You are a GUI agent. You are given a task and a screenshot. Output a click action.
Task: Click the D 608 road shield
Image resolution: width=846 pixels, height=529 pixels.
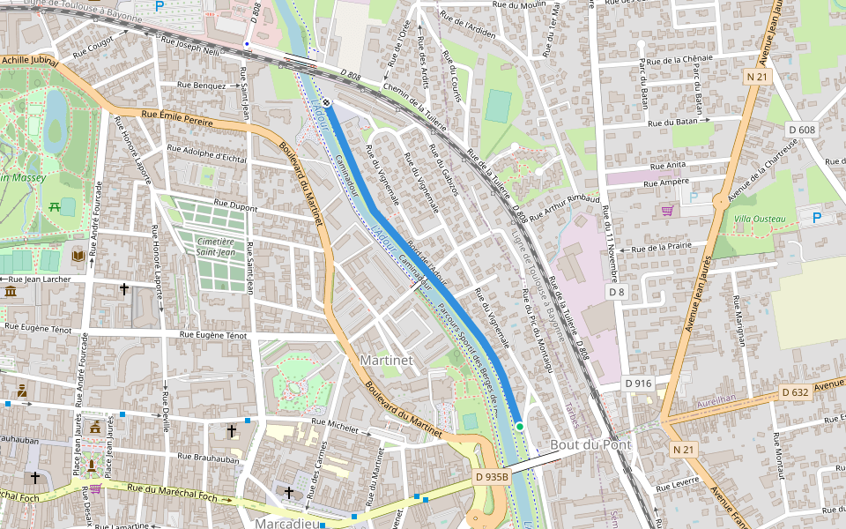coord(802,130)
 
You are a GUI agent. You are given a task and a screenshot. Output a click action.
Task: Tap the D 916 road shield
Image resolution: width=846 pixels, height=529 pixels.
coord(638,383)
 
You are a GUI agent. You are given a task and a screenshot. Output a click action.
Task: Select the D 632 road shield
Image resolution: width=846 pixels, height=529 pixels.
coord(795,393)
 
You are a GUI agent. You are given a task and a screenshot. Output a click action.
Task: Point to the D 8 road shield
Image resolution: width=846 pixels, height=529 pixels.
coord(616,291)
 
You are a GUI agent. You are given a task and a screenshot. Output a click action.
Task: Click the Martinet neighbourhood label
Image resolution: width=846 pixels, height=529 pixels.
coord(386,361)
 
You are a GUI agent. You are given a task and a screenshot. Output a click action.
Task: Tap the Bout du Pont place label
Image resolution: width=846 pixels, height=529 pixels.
coord(590,444)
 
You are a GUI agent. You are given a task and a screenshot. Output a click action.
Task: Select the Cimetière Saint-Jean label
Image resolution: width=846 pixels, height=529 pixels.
coord(215,247)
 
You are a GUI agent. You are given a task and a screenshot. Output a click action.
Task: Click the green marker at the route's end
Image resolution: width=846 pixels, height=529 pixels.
coord(520,427)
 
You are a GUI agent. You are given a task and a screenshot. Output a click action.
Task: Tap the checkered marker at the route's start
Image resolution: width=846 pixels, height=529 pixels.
coord(326,102)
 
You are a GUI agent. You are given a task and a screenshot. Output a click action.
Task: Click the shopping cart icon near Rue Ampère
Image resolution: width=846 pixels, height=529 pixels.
coord(667,211)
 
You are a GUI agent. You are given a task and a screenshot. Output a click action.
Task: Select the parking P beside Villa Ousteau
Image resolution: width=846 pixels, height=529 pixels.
coord(816,217)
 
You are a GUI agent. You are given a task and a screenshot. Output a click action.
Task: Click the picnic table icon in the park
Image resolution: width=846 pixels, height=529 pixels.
coord(55,206)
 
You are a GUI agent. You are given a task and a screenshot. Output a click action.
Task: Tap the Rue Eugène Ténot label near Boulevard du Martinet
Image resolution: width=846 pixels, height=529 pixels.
coord(213,335)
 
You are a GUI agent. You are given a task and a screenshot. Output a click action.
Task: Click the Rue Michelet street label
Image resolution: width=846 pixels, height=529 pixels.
coord(330,426)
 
